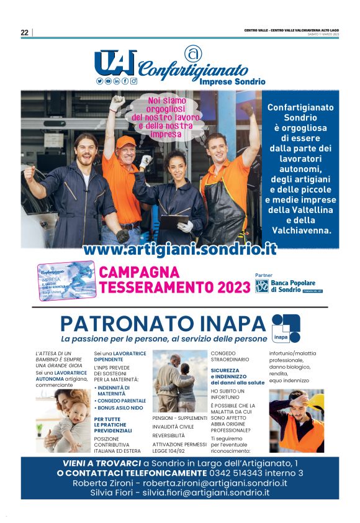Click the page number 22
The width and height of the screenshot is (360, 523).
pos(25,33)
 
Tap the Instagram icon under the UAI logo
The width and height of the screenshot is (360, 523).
pos(133,81)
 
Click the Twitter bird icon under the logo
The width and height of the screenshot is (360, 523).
pos(99,81)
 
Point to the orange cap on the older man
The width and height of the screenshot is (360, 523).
pos(125,141)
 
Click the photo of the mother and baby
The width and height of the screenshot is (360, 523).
pos(63,420)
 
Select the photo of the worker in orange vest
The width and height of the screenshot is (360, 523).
pos(296,421)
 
